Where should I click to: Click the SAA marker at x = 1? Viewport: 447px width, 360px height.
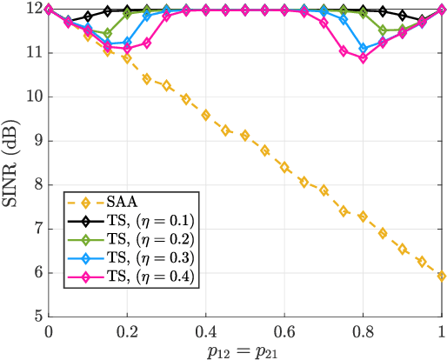pyautogui.click(x=442, y=276)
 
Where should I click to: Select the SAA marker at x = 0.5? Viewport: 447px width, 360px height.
pyautogui.click(x=245, y=136)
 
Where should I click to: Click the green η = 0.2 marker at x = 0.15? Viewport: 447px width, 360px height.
pyautogui.click(x=107, y=34)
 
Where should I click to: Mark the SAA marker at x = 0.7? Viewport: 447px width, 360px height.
pyautogui.click(x=324, y=190)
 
